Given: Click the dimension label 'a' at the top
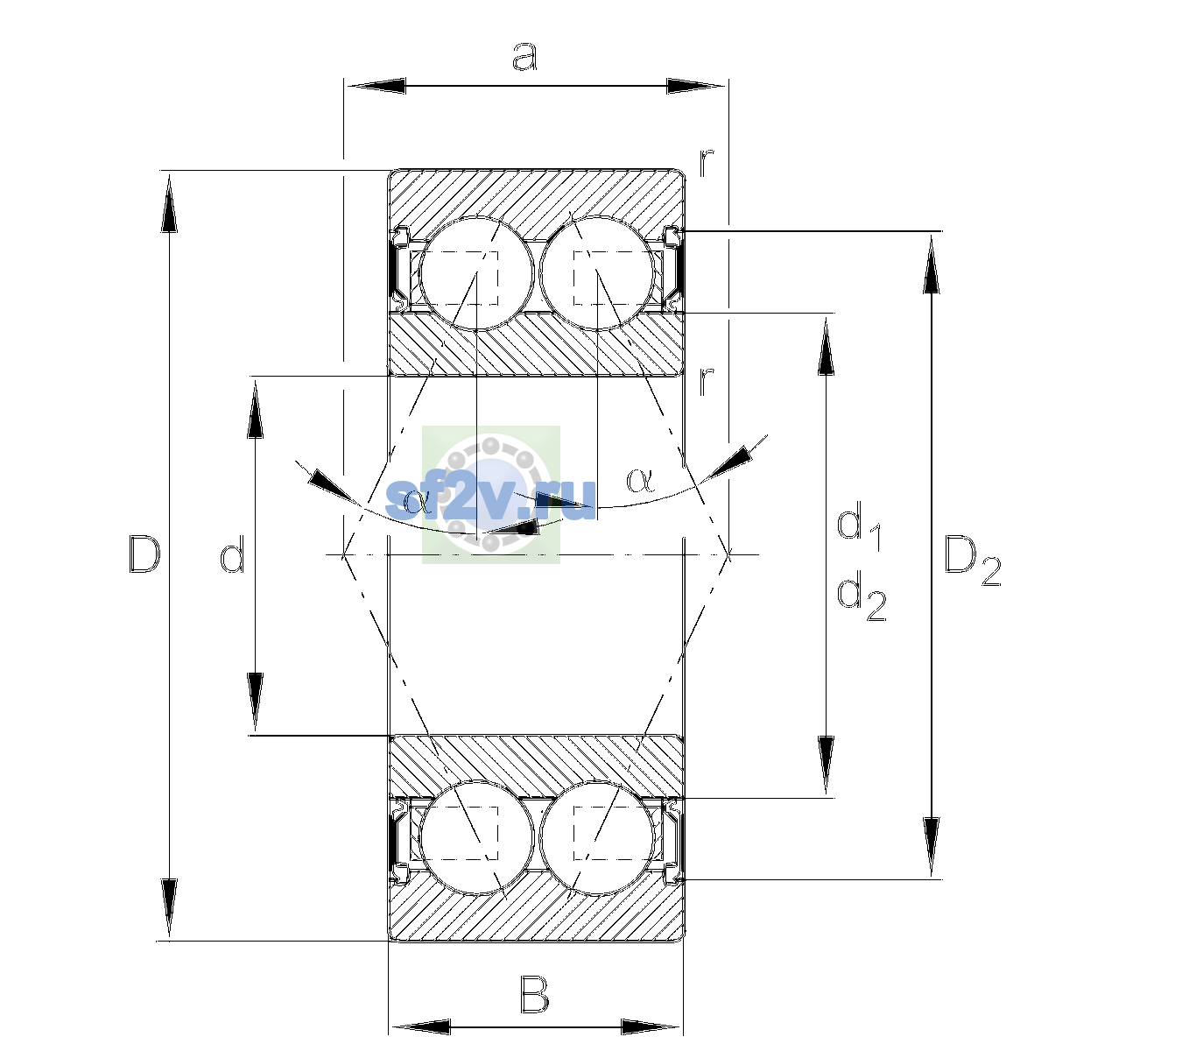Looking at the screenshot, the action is coord(524,57).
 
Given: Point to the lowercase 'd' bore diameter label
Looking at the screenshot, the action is coord(232,556).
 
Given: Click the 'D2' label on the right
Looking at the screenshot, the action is coord(972,561).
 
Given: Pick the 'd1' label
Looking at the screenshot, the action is coord(860,528).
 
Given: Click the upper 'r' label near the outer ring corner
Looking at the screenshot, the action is coord(706,164).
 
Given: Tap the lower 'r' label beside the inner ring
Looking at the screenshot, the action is coord(706,382).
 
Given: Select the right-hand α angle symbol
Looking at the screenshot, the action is coord(641,480).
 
